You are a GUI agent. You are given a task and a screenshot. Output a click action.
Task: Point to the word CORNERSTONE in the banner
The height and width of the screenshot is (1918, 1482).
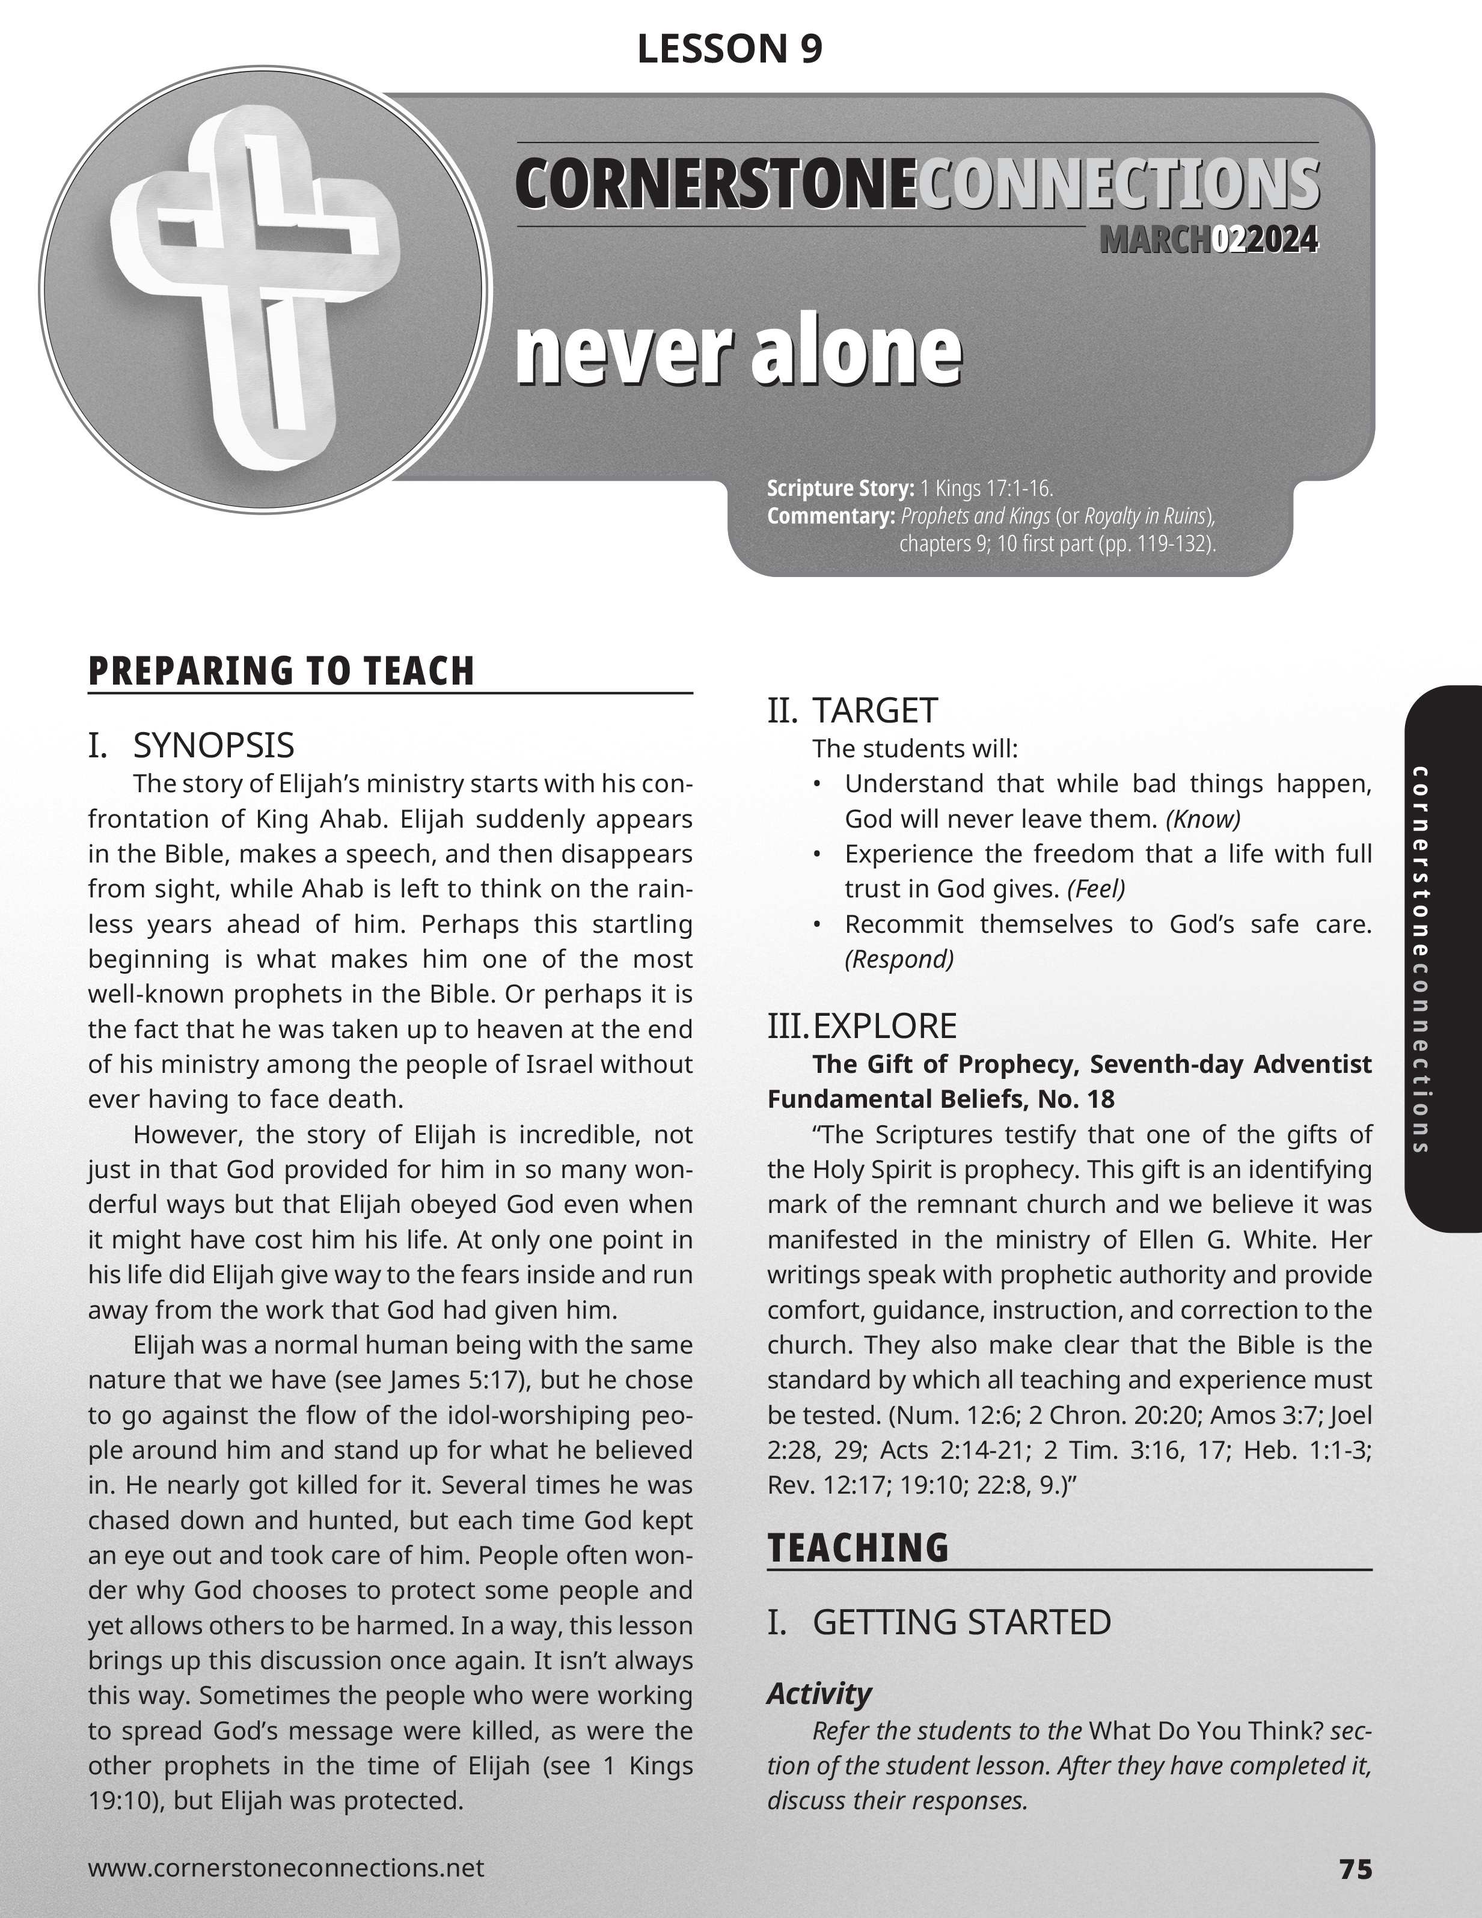[716, 185]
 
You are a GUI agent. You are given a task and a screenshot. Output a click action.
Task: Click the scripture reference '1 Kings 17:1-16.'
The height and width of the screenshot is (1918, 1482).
[987, 488]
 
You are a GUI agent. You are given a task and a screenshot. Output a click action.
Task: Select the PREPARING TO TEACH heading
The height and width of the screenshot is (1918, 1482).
[281, 671]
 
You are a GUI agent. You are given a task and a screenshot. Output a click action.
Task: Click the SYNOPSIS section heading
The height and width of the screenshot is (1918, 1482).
[213, 745]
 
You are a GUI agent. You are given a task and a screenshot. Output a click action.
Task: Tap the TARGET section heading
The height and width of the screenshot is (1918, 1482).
[874, 710]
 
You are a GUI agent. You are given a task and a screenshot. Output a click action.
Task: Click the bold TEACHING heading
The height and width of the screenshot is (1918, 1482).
[857, 1547]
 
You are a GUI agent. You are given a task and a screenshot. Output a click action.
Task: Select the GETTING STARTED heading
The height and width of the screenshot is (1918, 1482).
[961, 1622]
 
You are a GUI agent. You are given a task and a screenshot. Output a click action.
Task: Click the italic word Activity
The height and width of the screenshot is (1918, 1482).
[819, 1693]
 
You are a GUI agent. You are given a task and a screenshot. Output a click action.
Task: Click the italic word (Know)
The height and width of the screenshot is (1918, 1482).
[1202, 819]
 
